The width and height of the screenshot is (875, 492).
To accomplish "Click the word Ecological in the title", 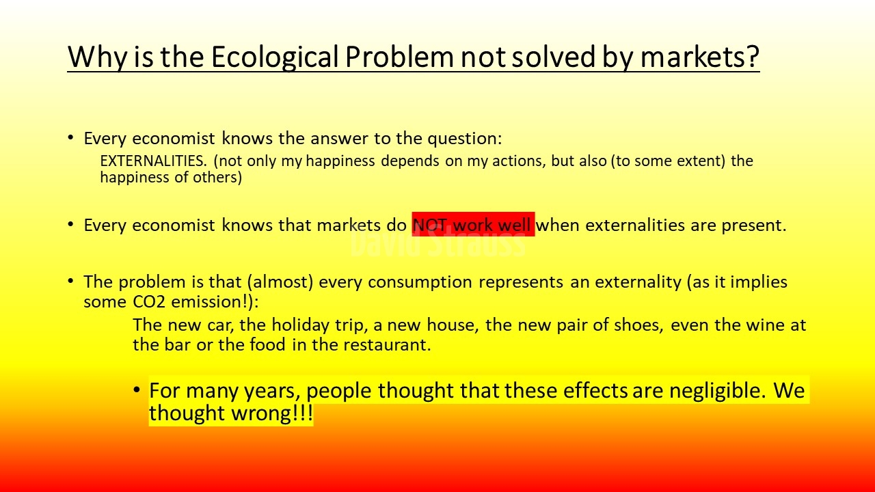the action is pos(275,57).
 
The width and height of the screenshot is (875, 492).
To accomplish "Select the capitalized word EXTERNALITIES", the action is pos(153,161).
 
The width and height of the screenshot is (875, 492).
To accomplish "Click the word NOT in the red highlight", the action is pos(430,225).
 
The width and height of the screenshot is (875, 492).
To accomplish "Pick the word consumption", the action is pos(420,283).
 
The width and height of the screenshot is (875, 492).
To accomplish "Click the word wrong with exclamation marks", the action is pos(272,413).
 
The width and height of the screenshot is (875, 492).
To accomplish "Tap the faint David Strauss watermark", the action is pos(438,243).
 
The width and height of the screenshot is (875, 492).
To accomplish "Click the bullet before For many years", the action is pos(136,389).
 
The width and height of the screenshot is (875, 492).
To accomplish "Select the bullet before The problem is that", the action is pos(70,281).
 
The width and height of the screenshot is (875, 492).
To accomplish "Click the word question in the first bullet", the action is pos(464,139).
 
